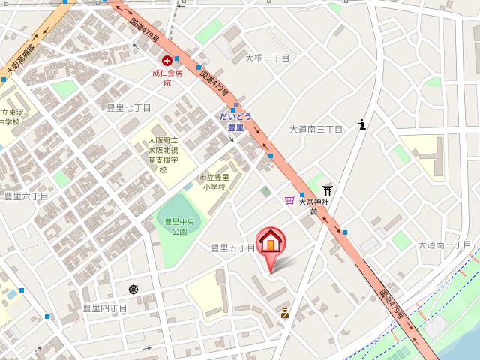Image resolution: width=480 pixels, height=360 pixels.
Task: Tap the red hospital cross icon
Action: [x=166, y=61]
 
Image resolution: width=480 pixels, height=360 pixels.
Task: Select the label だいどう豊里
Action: [x=235, y=122]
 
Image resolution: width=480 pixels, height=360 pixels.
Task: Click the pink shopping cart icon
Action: [x=289, y=200]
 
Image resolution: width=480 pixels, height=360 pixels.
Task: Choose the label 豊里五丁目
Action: [x=232, y=247]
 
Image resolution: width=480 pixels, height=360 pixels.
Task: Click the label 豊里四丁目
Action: [x=105, y=307]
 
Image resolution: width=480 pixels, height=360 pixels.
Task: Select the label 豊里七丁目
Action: [x=129, y=108]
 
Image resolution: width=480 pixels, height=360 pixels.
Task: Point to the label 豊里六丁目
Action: [x=26, y=196]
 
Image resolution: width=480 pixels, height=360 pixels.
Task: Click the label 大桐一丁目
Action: [x=268, y=58]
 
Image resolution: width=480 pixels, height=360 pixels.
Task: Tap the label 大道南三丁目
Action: [x=316, y=130]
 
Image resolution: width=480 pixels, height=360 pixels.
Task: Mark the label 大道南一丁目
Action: [x=445, y=244]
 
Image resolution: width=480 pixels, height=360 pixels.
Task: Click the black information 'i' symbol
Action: [x=362, y=124]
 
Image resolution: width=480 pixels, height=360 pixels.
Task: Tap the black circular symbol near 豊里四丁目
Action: [x=133, y=289]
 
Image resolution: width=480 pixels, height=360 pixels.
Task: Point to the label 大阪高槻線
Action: [x=20, y=58]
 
